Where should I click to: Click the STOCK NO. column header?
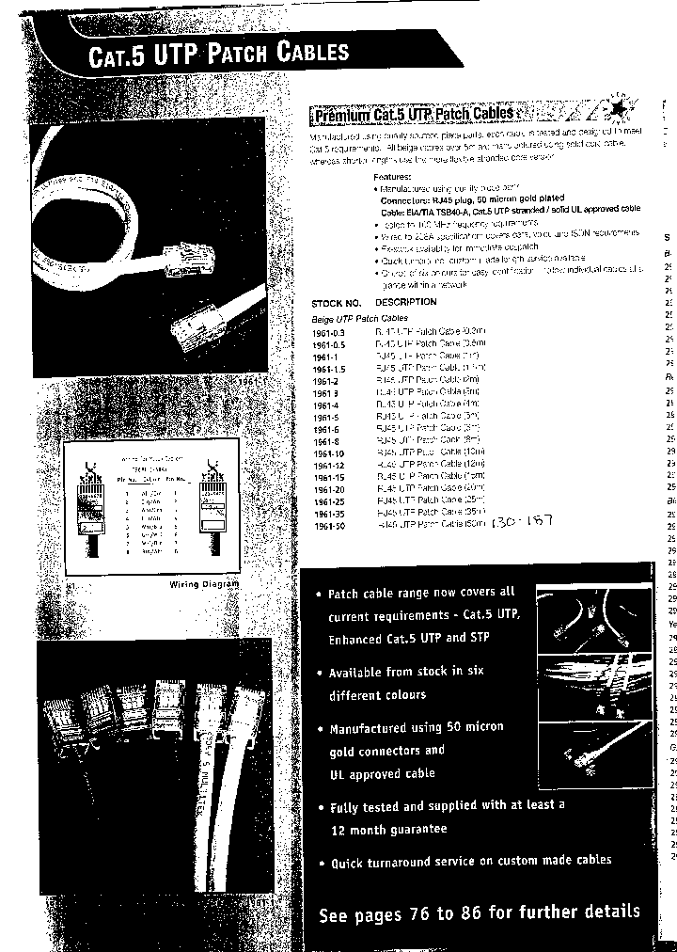(336, 303)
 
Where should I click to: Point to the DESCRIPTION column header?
(406, 302)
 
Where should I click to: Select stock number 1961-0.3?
(329, 333)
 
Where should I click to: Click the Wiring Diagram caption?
(204, 584)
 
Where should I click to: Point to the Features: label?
(392, 177)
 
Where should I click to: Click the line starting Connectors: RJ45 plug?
(472, 198)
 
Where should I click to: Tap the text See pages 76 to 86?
(480, 912)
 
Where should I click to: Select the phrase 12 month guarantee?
(388, 830)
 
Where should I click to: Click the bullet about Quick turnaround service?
(470, 861)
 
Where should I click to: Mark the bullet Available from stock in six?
(406, 672)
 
